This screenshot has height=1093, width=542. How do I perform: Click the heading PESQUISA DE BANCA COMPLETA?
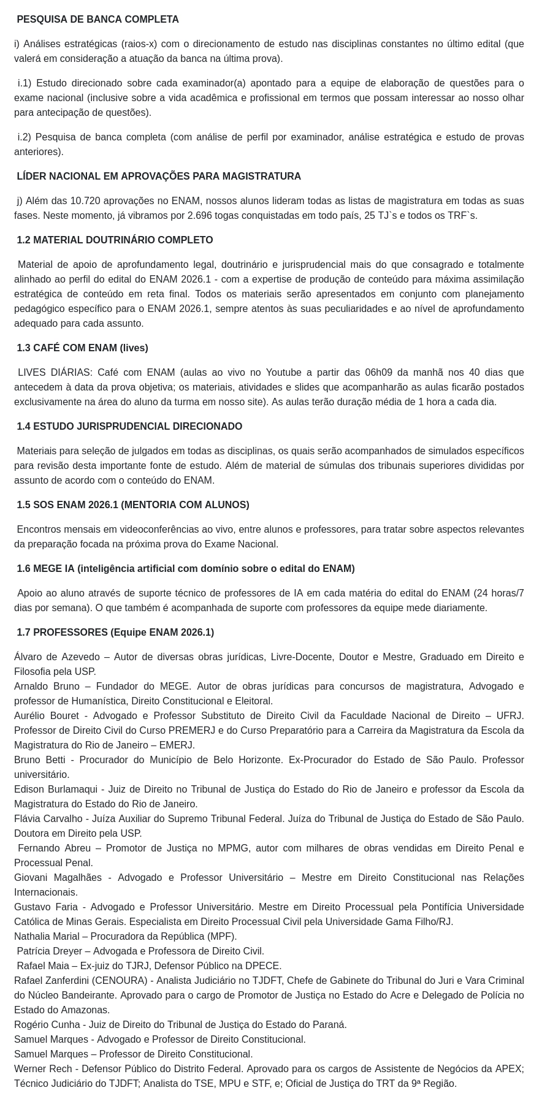tap(97, 20)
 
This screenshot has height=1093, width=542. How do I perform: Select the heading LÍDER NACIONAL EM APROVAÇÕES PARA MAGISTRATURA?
tap(159, 177)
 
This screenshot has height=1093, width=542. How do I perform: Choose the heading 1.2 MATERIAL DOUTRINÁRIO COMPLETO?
tap(115, 240)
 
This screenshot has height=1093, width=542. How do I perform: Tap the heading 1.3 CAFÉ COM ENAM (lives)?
tap(82, 348)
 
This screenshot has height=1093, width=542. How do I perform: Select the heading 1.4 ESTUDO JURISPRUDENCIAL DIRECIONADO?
tap(129, 427)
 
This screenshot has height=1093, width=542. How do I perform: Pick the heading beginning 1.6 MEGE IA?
tap(185, 569)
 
